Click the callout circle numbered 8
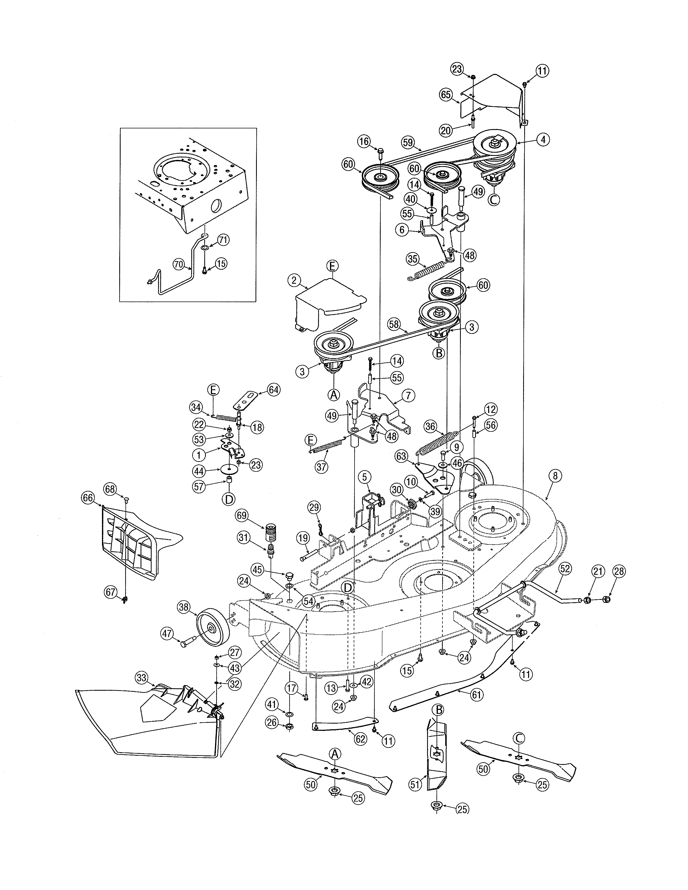pyautogui.click(x=555, y=475)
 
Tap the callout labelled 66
pyautogui.click(x=88, y=498)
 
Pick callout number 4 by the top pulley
pyautogui.click(x=543, y=140)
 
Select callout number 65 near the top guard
pyautogui.click(x=446, y=95)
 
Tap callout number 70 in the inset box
pyautogui.click(x=179, y=264)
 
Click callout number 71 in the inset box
pyautogui.click(x=223, y=240)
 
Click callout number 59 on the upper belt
pyautogui.click(x=408, y=142)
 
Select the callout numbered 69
pyautogui.click(x=242, y=515)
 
